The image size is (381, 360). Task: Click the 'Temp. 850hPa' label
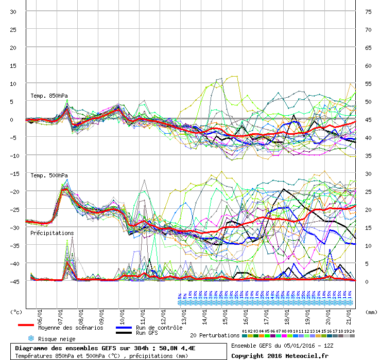click(49, 96)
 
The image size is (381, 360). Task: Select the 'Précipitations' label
click(52, 233)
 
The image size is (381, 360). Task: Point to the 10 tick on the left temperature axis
click(13, 84)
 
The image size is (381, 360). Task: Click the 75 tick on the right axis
click(368, 12)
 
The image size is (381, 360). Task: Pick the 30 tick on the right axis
click(368, 174)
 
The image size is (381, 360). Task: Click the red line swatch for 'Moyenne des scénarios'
click(26, 325)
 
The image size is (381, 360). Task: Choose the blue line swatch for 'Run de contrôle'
click(123, 327)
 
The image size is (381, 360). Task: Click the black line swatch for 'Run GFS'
click(123, 333)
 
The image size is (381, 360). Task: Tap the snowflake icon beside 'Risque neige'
click(30, 338)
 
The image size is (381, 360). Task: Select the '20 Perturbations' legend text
click(215, 335)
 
